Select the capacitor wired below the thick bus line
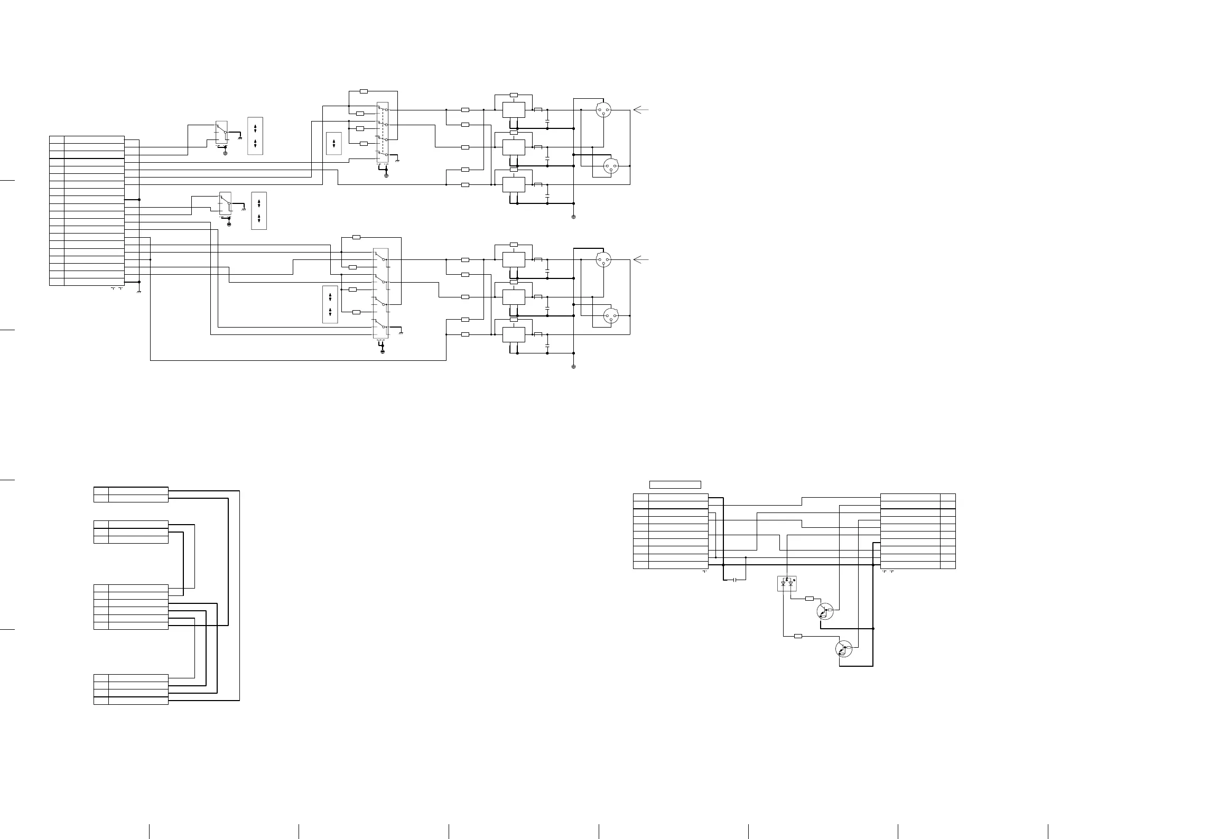(x=734, y=580)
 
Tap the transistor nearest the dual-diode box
(x=824, y=611)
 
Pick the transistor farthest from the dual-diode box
(x=844, y=648)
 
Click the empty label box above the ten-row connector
(x=675, y=484)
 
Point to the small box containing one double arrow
(x=334, y=143)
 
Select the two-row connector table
(x=131, y=495)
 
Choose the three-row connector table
(x=131, y=532)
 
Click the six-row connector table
(x=131, y=607)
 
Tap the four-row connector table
(x=131, y=689)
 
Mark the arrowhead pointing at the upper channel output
(x=640, y=110)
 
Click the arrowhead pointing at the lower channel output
(x=640, y=259)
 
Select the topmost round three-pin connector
(x=603, y=110)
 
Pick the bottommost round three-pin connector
(x=611, y=316)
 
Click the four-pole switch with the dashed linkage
(x=383, y=132)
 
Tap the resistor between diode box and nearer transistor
(x=810, y=599)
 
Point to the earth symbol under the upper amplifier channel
(x=573, y=217)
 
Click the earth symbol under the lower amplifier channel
(x=573, y=366)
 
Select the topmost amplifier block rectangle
(x=513, y=110)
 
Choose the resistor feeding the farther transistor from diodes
(x=798, y=636)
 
